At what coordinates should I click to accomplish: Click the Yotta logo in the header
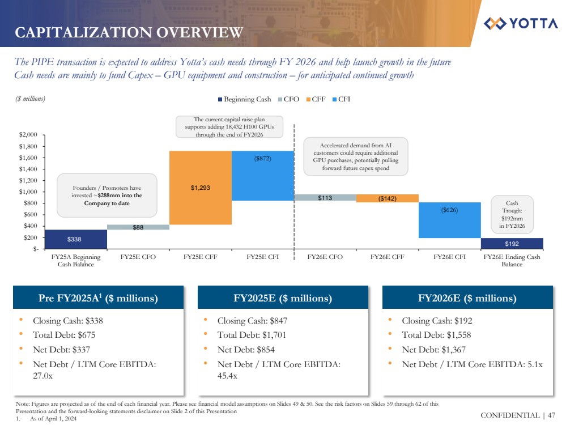click(521, 24)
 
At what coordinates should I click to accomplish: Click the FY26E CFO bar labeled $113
click(325, 198)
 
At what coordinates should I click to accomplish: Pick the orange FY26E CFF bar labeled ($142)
click(388, 198)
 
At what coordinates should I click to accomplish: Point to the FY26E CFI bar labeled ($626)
click(449, 220)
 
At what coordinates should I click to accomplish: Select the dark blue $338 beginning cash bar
click(75, 239)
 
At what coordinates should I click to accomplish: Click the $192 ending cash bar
click(512, 244)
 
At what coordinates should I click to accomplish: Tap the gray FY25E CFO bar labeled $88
click(138, 227)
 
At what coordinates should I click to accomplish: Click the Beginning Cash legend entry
click(245, 100)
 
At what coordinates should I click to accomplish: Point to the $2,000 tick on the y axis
click(28, 135)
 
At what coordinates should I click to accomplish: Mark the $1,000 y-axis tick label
click(28, 192)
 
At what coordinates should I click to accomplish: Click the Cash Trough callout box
click(512, 215)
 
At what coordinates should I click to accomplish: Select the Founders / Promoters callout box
click(107, 195)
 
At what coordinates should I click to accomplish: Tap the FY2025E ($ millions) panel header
click(283, 298)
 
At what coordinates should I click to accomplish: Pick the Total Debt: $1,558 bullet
click(436, 335)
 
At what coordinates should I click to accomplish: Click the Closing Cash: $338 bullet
click(68, 320)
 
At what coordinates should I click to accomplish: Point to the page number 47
click(551, 415)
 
